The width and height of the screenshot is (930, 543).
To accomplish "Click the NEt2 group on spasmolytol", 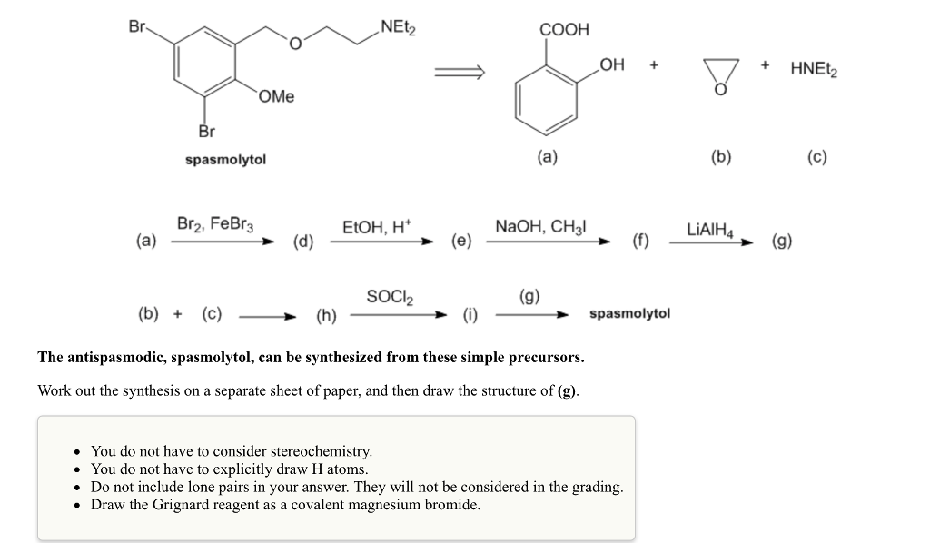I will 398,26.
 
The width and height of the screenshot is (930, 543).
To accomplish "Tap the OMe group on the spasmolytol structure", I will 276,96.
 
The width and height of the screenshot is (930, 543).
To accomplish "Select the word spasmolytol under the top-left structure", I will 225,159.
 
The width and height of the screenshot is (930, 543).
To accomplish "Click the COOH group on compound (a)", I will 564,29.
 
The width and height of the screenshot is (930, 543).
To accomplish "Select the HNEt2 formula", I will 814,67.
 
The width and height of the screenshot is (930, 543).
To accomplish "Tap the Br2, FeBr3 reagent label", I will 214,223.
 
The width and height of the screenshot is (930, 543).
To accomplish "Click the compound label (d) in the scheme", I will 302,242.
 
